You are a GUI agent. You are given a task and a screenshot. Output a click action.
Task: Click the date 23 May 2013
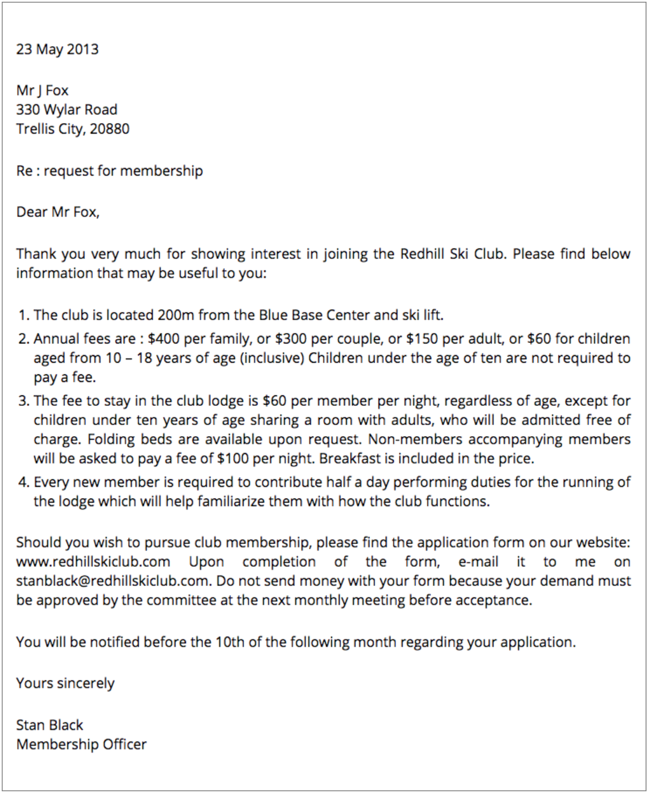57,49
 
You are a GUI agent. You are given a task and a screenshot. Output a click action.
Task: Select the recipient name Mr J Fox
43,90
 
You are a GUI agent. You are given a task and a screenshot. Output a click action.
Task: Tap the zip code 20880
109,129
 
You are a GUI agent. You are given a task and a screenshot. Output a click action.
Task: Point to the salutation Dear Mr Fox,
58,212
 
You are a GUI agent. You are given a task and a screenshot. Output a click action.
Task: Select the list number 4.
23,482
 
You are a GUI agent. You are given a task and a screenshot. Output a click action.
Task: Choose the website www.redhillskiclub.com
93,562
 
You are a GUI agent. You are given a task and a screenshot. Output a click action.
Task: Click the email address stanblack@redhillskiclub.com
112,581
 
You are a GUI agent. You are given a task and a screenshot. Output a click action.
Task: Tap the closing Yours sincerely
65,683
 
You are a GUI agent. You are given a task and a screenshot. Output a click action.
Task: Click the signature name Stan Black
50,725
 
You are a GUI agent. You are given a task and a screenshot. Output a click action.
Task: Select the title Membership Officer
82,745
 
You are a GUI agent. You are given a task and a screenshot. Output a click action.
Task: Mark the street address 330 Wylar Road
66,110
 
